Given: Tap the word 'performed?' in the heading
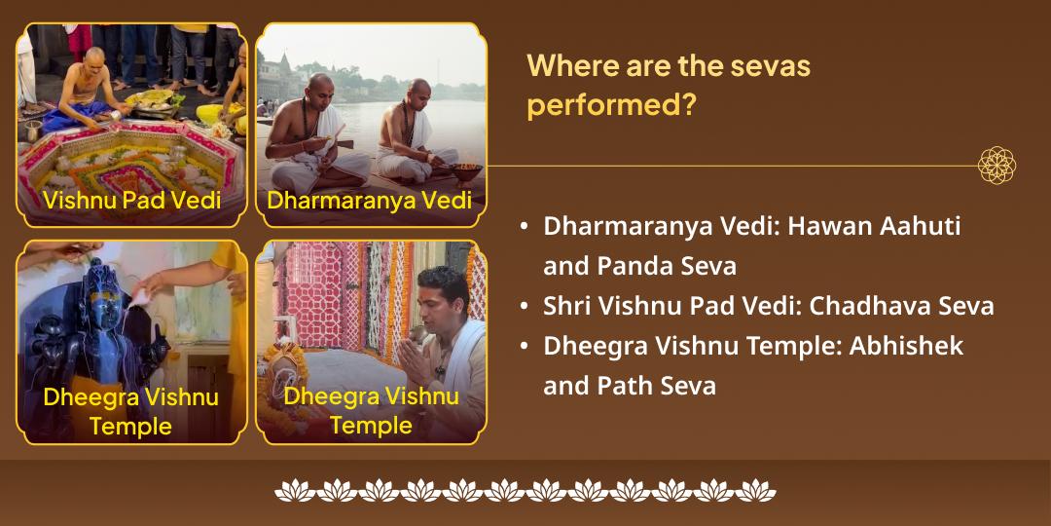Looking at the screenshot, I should (611, 104).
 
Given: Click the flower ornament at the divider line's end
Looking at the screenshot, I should (997, 166).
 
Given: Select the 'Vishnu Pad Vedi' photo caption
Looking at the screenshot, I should (131, 201).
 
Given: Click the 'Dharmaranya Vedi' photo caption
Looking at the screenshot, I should (370, 201).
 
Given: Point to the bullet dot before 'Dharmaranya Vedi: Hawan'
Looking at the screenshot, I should (525, 227).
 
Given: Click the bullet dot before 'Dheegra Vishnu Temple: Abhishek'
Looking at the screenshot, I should (525, 347).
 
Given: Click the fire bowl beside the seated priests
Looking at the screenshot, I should (467, 171).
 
